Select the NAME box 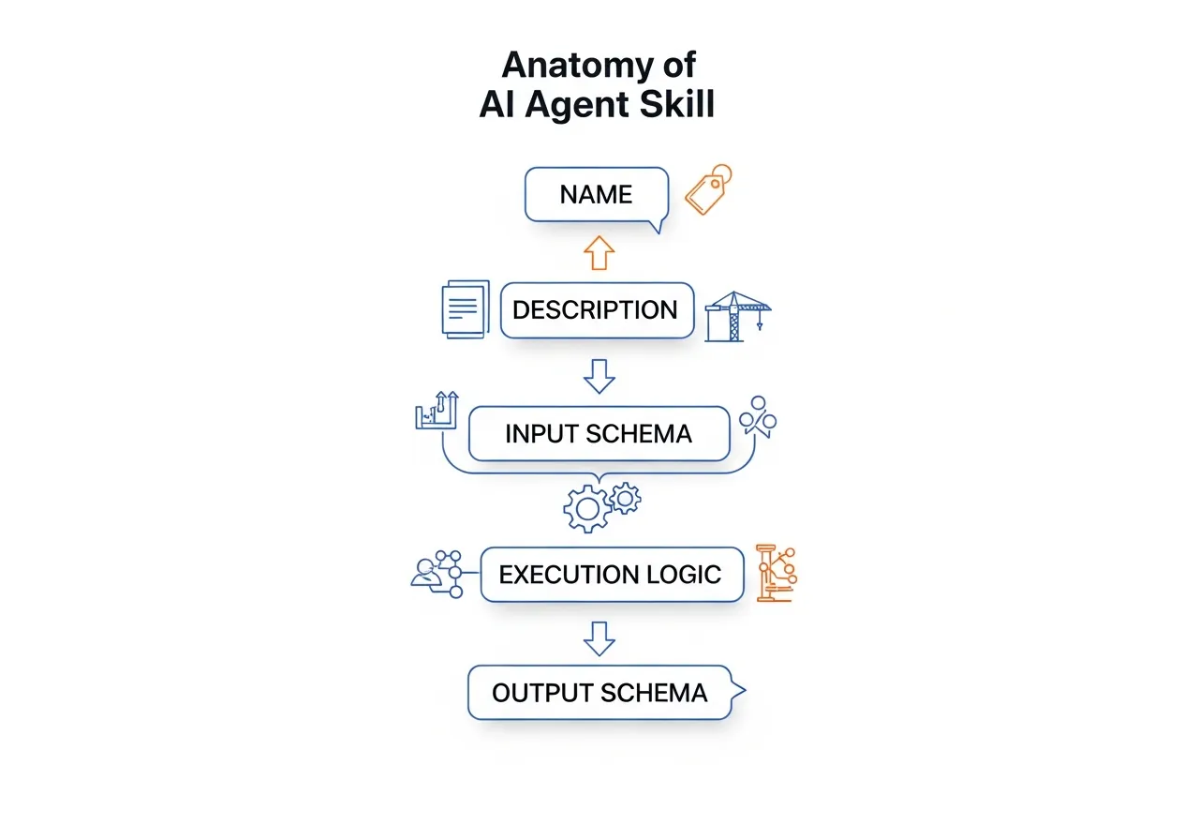(x=597, y=195)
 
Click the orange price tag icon (x=707, y=190)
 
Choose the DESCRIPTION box (x=597, y=310)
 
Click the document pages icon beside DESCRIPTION (x=466, y=308)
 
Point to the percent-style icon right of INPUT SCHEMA (x=758, y=416)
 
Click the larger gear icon (x=586, y=510)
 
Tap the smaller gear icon (x=624, y=496)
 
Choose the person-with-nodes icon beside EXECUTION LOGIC (x=438, y=573)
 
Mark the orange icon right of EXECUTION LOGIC (x=776, y=572)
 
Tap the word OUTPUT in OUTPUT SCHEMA (x=542, y=694)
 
